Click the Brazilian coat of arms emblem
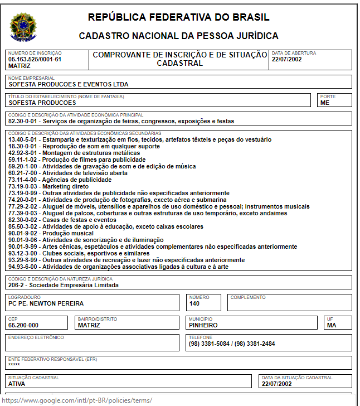[x=22, y=26]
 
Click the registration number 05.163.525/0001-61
[x=35, y=59]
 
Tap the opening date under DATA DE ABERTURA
[x=286, y=59]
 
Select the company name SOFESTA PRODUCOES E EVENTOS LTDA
[x=69, y=85]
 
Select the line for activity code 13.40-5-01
[x=140, y=139]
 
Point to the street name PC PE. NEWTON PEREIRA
[x=46, y=303]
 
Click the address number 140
[x=194, y=303]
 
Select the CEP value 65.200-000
[x=23, y=325]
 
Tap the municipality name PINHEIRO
[x=203, y=325]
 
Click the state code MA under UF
[x=332, y=325]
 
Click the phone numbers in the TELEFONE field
[x=232, y=344]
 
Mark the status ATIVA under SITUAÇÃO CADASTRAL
[x=17, y=384]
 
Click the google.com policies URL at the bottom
[x=77, y=400]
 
